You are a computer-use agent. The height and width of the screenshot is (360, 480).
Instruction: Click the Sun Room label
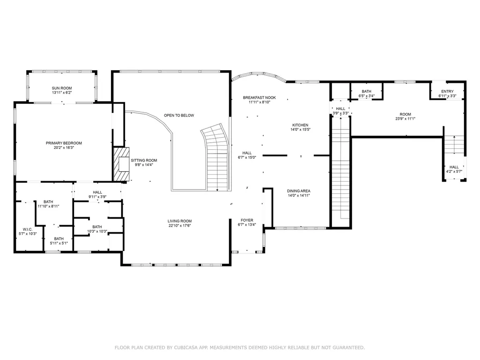point(62,88)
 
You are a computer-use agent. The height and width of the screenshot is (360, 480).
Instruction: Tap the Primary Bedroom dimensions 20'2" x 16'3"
point(64,147)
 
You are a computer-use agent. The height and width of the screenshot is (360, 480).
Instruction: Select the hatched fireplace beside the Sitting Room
point(121,164)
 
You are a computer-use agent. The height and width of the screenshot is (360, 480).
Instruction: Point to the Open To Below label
point(179,116)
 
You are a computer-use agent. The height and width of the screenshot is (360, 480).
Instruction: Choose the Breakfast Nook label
point(259,98)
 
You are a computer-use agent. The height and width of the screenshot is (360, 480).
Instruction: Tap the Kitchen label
point(300,125)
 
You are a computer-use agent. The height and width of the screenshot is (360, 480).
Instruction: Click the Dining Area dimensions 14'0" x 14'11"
point(299,195)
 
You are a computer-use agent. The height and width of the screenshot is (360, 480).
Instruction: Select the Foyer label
point(247,220)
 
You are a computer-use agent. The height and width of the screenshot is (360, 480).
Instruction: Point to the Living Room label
point(180,221)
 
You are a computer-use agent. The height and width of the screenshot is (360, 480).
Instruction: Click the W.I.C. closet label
point(28,229)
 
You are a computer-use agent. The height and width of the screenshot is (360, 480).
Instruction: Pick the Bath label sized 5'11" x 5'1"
point(59,239)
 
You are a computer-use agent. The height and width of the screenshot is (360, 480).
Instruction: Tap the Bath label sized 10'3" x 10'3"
point(97,227)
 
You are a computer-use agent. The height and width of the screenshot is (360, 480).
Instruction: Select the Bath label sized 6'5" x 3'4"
point(366,91)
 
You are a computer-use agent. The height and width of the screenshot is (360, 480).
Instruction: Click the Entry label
point(448,91)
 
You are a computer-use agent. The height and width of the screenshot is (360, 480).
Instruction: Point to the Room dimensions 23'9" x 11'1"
point(405,119)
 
